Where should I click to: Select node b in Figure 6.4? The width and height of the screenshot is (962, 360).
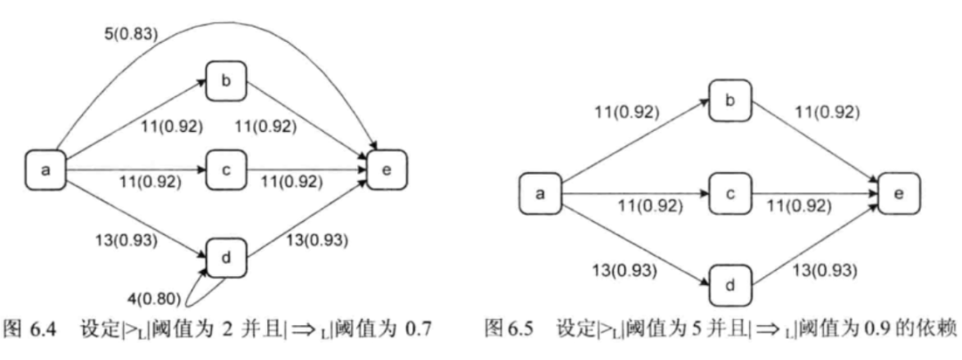[225, 80]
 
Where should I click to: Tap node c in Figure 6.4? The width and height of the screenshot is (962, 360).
[225, 169]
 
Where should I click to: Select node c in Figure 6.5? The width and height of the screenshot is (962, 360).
[730, 192]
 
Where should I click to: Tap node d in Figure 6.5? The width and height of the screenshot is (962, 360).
[730, 288]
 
